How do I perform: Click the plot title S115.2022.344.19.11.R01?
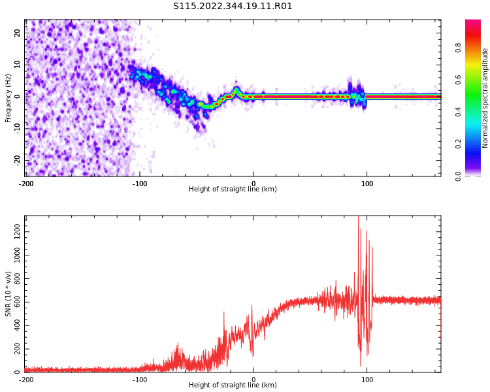pyautogui.click(x=233, y=7)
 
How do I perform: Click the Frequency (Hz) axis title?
pyautogui.click(x=8, y=98)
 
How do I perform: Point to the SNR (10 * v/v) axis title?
pyautogui.click(x=8, y=294)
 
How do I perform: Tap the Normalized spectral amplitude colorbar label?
pyautogui.click(x=485, y=98)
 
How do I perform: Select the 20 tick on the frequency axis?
pyautogui.click(x=18, y=33)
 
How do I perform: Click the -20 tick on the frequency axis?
pyautogui.click(x=16, y=160)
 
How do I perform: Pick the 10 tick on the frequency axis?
pyautogui.click(x=18, y=64)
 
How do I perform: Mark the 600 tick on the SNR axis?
pyautogui.click(x=15, y=301)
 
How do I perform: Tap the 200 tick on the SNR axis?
pyautogui.click(x=15, y=349)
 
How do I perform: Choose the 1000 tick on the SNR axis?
pyautogui.click(x=13, y=254)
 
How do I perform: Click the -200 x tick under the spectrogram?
pyautogui.click(x=26, y=184)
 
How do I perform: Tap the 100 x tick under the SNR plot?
pyautogui.click(x=367, y=380)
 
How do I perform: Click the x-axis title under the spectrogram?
pyautogui.click(x=233, y=189)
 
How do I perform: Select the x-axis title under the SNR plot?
pyautogui.click(x=233, y=385)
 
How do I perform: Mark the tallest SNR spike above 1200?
pyautogui.click(x=358, y=218)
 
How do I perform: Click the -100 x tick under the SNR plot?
pyautogui.click(x=139, y=380)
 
